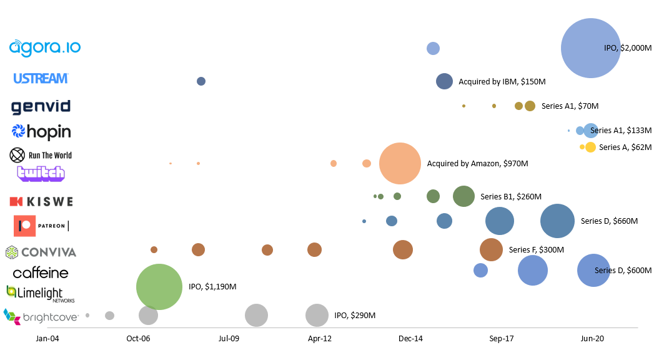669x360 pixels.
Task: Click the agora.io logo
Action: (44, 47)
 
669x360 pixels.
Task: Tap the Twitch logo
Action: (41, 173)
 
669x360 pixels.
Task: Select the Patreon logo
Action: (41, 226)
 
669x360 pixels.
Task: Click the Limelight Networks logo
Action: (40, 294)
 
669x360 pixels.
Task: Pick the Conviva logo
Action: (41, 252)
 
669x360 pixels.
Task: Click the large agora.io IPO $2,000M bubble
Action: (590, 48)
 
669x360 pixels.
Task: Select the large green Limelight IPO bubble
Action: (159, 287)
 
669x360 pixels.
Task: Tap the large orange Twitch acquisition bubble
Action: (400, 164)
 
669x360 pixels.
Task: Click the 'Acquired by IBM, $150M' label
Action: (502, 82)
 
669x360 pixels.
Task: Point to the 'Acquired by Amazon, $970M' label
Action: (477, 164)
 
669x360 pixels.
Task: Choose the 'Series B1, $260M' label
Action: (510, 196)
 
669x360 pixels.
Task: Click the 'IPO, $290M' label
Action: (355, 316)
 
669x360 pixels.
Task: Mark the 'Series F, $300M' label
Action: (536, 250)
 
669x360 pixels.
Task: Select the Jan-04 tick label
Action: (47, 339)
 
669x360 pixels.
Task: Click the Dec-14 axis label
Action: (410, 339)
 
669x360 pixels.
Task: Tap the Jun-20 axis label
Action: (592, 339)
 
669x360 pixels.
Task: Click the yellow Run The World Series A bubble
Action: (590, 147)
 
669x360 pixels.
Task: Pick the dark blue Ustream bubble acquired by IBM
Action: (444, 81)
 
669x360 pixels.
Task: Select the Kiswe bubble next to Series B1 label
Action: (463, 196)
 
